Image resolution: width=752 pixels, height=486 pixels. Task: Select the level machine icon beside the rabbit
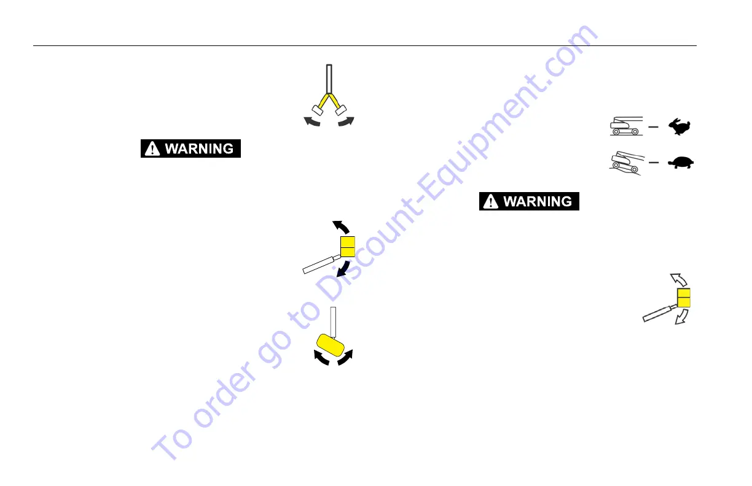pyautogui.click(x=625, y=126)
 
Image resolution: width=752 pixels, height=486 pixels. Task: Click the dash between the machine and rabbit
pyautogui.click(x=654, y=127)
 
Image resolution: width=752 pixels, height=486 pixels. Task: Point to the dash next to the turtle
pyautogui.click(x=654, y=163)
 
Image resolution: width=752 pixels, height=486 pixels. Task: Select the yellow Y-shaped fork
pyautogui.click(x=329, y=98)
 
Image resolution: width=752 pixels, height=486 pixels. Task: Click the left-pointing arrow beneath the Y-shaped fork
pyautogui.click(x=312, y=122)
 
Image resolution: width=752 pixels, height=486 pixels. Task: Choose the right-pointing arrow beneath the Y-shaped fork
pyautogui.click(x=346, y=121)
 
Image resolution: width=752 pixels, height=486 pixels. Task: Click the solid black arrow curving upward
pyautogui.click(x=340, y=226)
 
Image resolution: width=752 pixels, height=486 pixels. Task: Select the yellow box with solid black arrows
pyautogui.click(x=348, y=246)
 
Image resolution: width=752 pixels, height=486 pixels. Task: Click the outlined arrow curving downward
pyautogui.click(x=682, y=316)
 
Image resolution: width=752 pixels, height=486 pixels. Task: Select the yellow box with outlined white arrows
pyautogui.click(x=684, y=298)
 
